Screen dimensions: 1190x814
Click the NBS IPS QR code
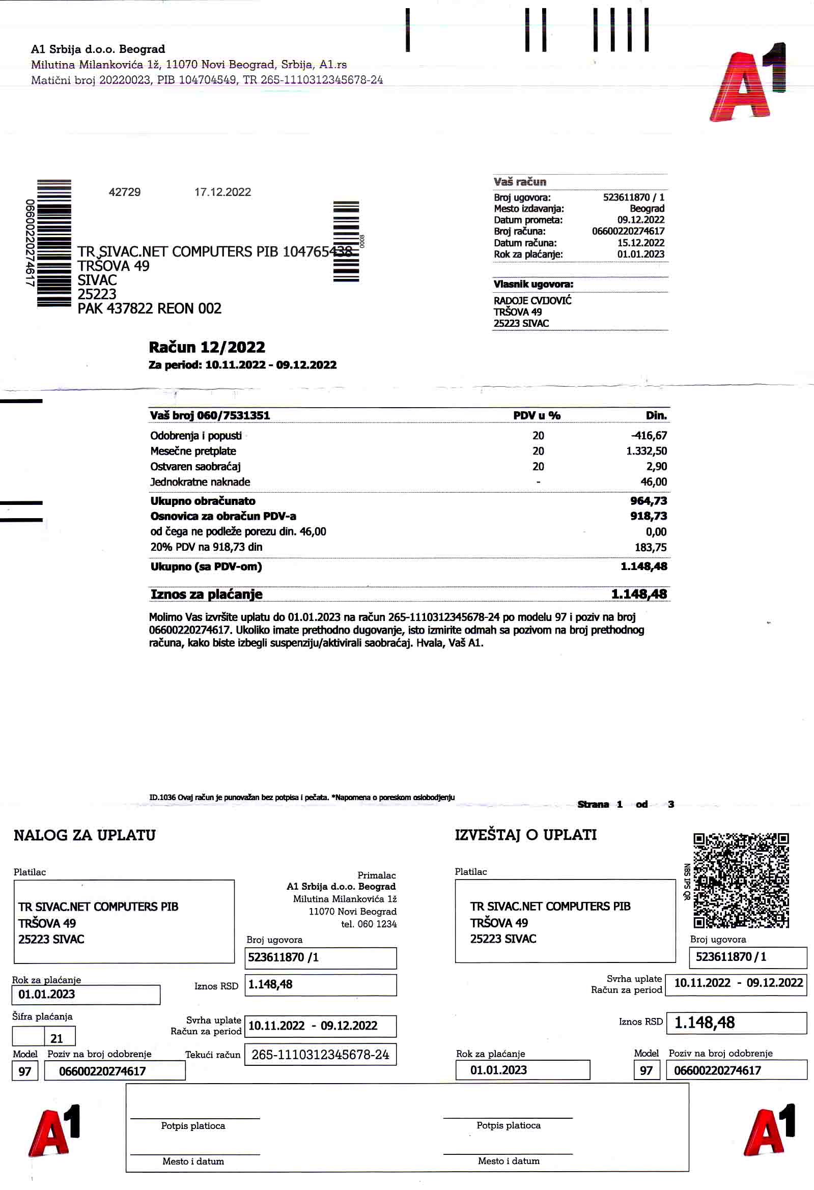[741, 880]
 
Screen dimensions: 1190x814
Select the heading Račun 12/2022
[207, 347]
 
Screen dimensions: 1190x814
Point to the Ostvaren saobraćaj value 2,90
[656, 466]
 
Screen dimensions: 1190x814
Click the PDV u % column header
[537, 415]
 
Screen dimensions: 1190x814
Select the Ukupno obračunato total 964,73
[648, 501]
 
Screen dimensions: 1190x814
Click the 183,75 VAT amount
[651, 547]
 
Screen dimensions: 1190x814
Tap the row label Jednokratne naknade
[200, 482]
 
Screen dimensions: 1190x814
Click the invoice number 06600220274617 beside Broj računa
[628, 231]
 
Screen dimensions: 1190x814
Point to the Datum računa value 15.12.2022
[640, 243]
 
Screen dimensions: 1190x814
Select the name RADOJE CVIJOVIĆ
[532, 301]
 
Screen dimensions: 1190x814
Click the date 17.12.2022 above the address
[222, 192]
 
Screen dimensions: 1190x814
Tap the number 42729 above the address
[125, 192]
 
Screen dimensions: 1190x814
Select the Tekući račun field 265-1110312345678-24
[320, 1055]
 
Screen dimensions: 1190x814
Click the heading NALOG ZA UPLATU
[85, 835]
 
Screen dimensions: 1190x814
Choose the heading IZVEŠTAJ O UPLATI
[525, 835]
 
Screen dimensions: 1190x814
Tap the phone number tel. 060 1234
[369, 924]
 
